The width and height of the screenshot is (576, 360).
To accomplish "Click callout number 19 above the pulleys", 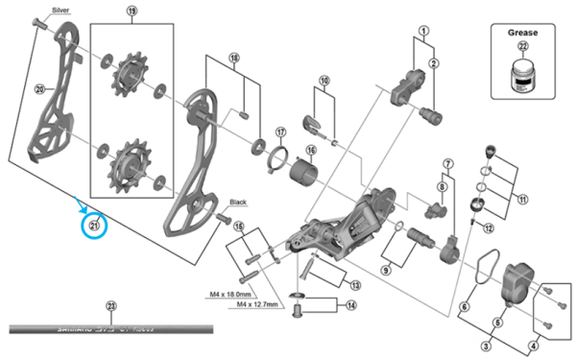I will (x=132, y=12).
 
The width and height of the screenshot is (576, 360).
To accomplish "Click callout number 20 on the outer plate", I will (x=39, y=90).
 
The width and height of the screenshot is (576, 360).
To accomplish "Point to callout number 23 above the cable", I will (x=110, y=306).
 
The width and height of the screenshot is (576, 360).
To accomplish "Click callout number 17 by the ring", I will (x=280, y=132).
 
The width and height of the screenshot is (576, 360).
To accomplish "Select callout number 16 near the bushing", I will (x=311, y=150).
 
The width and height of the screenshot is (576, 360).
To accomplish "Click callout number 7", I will (x=447, y=165).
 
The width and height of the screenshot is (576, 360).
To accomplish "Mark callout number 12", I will (x=488, y=228).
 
